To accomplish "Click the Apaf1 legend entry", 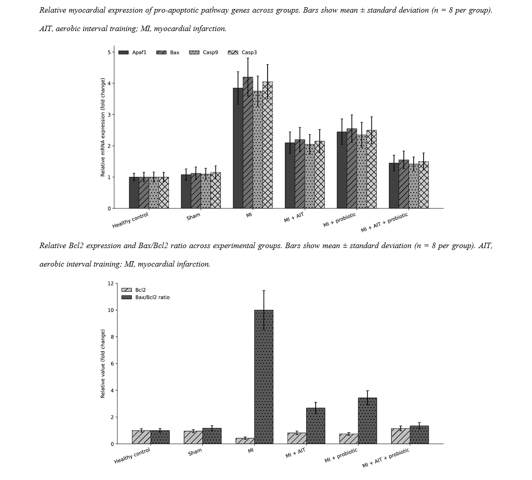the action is (132, 52).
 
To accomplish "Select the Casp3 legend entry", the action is (242, 52).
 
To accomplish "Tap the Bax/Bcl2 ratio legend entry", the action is (146, 297).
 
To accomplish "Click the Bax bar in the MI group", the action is (248, 143).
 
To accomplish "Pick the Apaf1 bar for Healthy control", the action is (134, 193).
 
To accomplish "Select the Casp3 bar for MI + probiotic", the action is (371, 169).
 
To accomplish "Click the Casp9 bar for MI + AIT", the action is (310, 177).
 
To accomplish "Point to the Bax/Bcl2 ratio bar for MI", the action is (264, 377).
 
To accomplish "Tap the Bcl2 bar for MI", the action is (245, 441).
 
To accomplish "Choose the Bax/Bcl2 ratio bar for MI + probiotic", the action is (367, 421).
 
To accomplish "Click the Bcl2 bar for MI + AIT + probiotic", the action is (401, 436).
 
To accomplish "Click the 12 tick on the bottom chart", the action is (111, 283).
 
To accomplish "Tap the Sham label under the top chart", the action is (193, 217).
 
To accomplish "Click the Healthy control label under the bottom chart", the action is (132, 456).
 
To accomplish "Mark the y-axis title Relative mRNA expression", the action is (103, 127).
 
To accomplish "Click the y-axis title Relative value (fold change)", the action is (103, 363).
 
